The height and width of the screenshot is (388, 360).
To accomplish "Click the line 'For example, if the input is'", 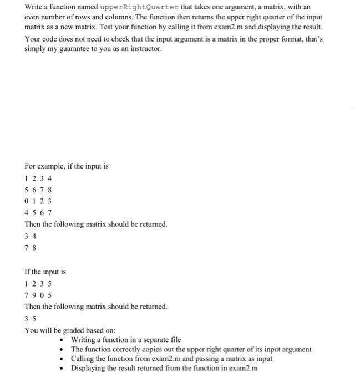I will point(67,166).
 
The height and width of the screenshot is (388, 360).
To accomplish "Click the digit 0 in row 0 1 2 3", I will point(27,201).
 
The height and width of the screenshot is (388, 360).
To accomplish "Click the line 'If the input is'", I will point(45,272).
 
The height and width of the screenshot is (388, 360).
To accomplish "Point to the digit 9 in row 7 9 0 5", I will point(34,295).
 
